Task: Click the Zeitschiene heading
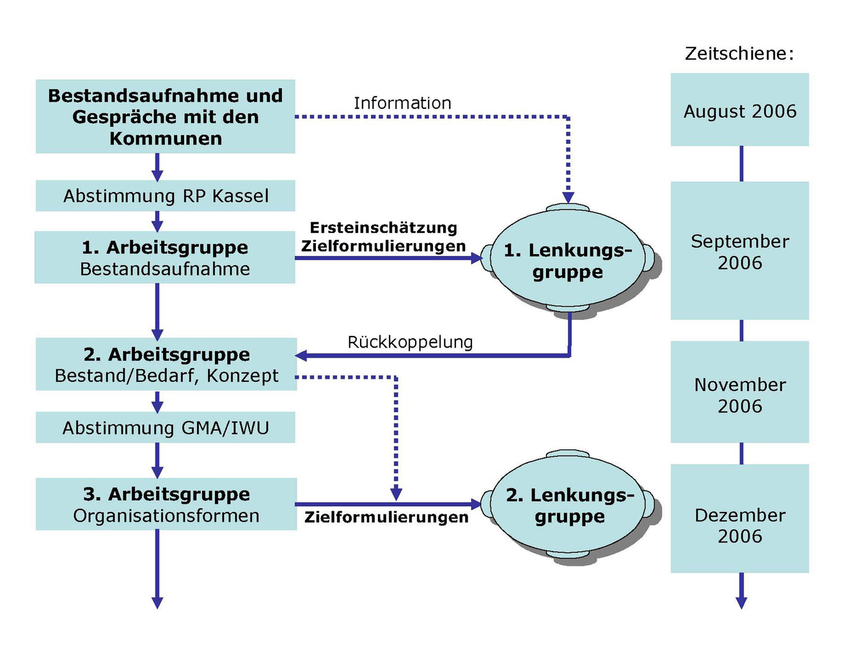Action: pyautogui.click(x=739, y=54)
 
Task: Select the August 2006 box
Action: pyautogui.click(x=740, y=110)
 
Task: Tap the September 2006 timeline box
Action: pyautogui.click(x=740, y=251)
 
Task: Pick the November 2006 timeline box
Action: pyautogui.click(x=740, y=395)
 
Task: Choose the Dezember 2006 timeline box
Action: pyautogui.click(x=740, y=525)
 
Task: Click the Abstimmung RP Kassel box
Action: pyautogui.click(x=165, y=196)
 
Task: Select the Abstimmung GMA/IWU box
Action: pyautogui.click(x=165, y=428)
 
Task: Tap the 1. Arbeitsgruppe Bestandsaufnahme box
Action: pyautogui.click(x=165, y=258)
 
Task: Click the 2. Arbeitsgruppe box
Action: pyautogui.click(x=166, y=364)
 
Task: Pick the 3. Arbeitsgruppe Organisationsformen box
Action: pyautogui.click(x=166, y=504)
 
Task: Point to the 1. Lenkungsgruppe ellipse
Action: pyautogui.click(x=568, y=260)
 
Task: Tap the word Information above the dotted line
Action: pyautogui.click(x=402, y=103)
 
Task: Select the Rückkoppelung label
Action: pyautogui.click(x=410, y=341)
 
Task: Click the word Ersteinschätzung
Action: pyautogui.click(x=384, y=227)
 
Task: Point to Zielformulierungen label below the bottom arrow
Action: pyautogui.click(x=386, y=517)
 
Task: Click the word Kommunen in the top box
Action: pyautogui.click(x=165, y=138)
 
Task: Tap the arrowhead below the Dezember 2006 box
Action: pyautogui.click(x=741, y=602)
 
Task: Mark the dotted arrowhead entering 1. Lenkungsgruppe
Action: pyautogui.click(x=568, y=198)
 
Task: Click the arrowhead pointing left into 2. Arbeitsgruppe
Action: pyautogui.click(x=302, y=355)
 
